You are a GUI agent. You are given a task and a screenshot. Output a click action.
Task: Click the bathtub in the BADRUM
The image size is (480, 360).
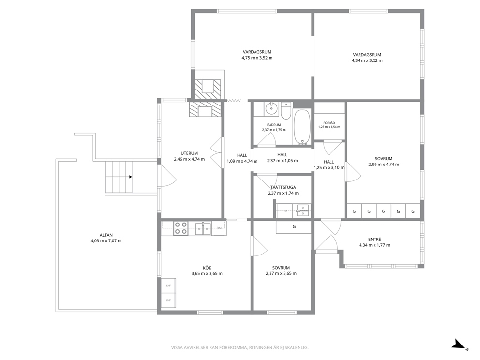point(302,127)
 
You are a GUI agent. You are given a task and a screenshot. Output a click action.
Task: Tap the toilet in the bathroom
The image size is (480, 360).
point(286,112)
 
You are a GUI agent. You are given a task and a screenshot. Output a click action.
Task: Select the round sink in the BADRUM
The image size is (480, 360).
point(271,109)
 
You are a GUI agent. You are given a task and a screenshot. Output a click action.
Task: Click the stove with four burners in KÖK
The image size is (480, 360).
point(180,228)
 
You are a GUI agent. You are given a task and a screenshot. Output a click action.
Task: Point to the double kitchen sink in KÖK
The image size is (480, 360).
point(204,228)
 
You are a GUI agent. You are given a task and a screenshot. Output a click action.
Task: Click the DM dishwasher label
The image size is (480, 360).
point(219,228)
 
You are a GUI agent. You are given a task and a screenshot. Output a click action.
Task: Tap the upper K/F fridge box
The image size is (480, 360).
point(168,285)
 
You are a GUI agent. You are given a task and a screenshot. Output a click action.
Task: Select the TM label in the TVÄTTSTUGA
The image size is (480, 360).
point(285,210)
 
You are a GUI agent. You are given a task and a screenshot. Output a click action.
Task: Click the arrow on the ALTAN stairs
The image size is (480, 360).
point(119,177)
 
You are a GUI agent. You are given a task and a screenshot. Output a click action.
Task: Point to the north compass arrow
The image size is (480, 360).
point(459,344)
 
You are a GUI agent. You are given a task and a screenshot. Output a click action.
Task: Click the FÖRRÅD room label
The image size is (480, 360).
point(329,123)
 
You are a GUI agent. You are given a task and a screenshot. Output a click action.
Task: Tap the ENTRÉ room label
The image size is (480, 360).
point(375,240)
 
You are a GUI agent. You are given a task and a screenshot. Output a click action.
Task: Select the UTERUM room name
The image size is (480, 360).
point(189,153)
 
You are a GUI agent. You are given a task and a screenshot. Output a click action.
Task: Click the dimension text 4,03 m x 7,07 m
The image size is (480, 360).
point(106,241)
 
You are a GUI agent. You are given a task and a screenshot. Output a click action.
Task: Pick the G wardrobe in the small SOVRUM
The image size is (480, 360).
point(294,227)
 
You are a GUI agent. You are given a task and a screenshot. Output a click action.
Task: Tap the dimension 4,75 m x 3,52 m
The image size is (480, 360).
point(257,58)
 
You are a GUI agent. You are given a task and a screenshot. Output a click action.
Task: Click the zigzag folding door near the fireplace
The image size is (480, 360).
point(234,101)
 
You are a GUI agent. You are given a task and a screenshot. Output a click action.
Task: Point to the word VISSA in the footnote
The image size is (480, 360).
point(177,347)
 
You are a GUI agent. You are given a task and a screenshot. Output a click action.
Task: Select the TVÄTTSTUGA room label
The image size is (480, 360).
point(283,187)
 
